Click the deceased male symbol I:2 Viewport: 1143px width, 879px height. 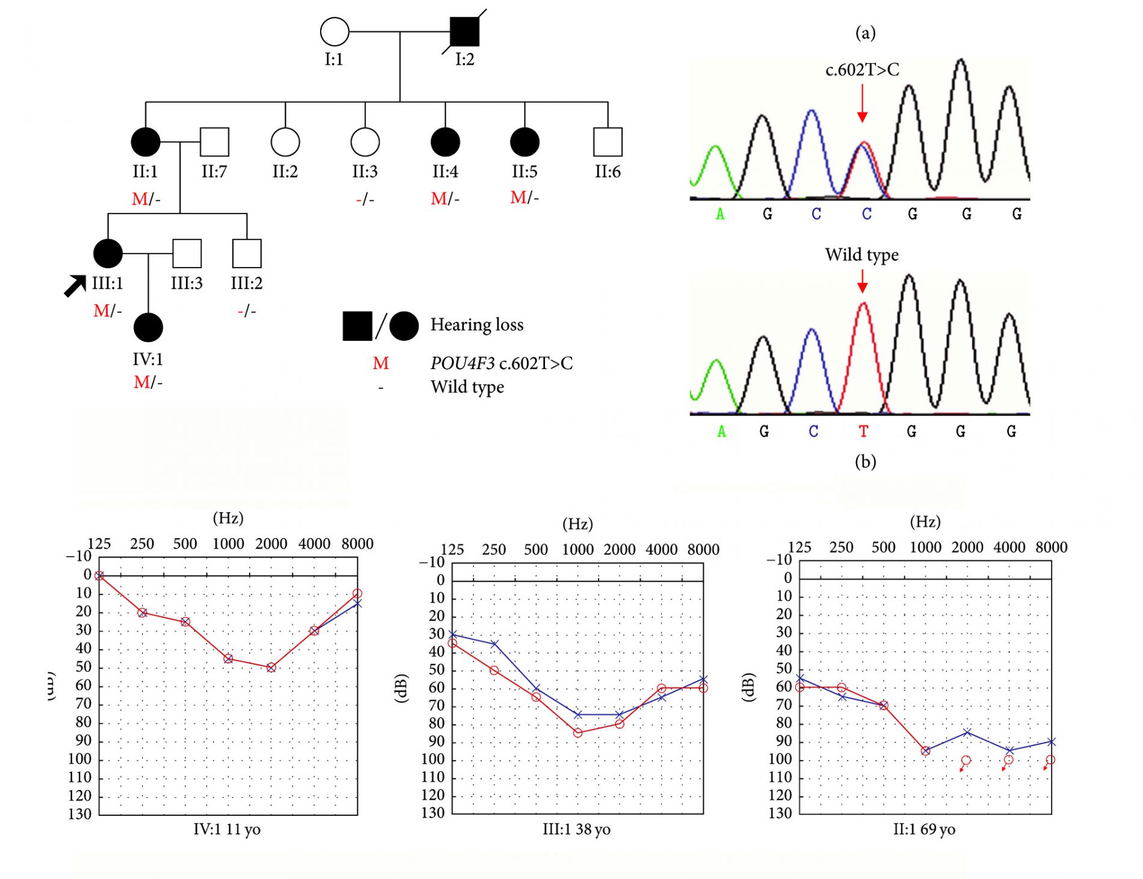[464, 32]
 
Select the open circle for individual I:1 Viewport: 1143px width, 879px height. [334, 32]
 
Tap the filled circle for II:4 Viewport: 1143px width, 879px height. [445, 142]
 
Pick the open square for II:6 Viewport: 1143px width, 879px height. [608, 142]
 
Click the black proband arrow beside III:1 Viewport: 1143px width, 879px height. [75, 286]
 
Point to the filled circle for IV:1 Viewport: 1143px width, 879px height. [148, 328]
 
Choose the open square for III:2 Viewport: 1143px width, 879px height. [247, 253]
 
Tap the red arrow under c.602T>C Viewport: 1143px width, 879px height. [862, 103]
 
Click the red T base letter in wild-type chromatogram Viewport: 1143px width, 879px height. [863, 431]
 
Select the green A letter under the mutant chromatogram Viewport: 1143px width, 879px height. [720, 214]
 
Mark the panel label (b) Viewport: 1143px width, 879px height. [865, 462]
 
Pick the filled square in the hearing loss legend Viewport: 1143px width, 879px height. [357, 326]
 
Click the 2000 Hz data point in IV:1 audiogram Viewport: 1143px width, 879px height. [271, 667]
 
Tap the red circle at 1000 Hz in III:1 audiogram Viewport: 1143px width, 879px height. [578, 733]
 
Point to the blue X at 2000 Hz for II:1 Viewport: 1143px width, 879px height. [967, 732]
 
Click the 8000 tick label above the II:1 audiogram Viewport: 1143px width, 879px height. [1051, 547]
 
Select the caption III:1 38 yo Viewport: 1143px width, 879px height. [576, 830]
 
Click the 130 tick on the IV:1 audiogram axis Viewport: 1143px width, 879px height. [80, 814]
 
